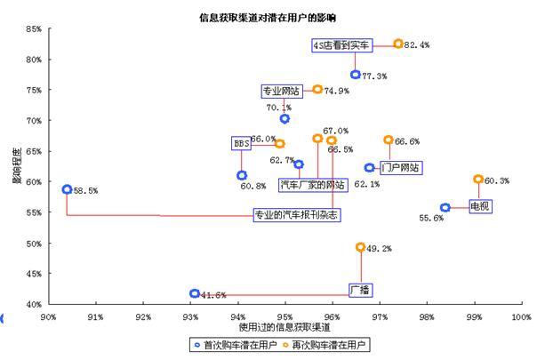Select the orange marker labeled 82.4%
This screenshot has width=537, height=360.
coord(398,44)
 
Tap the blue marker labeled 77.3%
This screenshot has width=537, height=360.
coord(355,75)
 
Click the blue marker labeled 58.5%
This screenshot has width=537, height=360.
coord(67,189)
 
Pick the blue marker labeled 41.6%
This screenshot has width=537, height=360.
coord(195,293)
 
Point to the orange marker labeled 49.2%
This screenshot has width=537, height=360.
coord(360,247)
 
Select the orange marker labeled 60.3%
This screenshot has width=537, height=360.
coord(478,180)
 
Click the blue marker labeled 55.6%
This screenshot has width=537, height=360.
coord(445,208)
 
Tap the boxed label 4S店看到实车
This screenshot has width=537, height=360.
coord(339,44)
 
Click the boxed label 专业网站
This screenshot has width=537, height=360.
coord(281,91)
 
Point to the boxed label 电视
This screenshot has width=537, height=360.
coord(480,206)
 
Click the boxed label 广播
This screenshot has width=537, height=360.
coord(360,290)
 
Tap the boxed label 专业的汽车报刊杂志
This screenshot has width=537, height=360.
coord(296,215)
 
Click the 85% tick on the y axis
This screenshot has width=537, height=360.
coord(33,29)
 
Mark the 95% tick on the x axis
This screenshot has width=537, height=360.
coord(285,316)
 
